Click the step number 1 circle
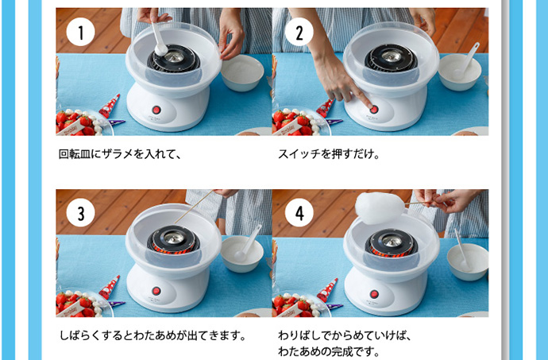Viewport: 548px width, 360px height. [80, 32]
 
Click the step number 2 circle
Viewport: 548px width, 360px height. [299, 32]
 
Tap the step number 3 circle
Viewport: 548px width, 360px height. [80, 213]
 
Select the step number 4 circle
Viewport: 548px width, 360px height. [299, 213]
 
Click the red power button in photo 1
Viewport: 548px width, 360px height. [156, 110]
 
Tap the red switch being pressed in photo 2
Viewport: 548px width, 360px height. [374, 110]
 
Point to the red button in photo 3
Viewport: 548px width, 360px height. [156, 291]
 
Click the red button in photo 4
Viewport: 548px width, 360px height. [374, 294]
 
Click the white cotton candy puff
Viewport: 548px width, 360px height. [380, 207]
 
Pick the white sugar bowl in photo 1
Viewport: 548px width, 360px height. [242, 73]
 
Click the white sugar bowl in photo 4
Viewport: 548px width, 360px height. [468, 261]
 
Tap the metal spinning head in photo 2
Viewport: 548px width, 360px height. [391, 56]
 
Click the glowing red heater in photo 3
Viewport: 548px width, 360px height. [174, 250]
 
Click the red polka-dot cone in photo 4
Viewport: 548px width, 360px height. [327, 290]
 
